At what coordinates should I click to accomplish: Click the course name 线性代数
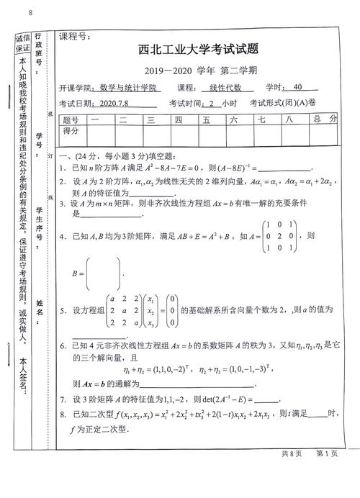235,87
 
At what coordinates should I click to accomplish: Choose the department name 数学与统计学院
128,88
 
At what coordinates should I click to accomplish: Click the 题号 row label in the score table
71,119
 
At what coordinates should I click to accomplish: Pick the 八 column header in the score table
289,119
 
